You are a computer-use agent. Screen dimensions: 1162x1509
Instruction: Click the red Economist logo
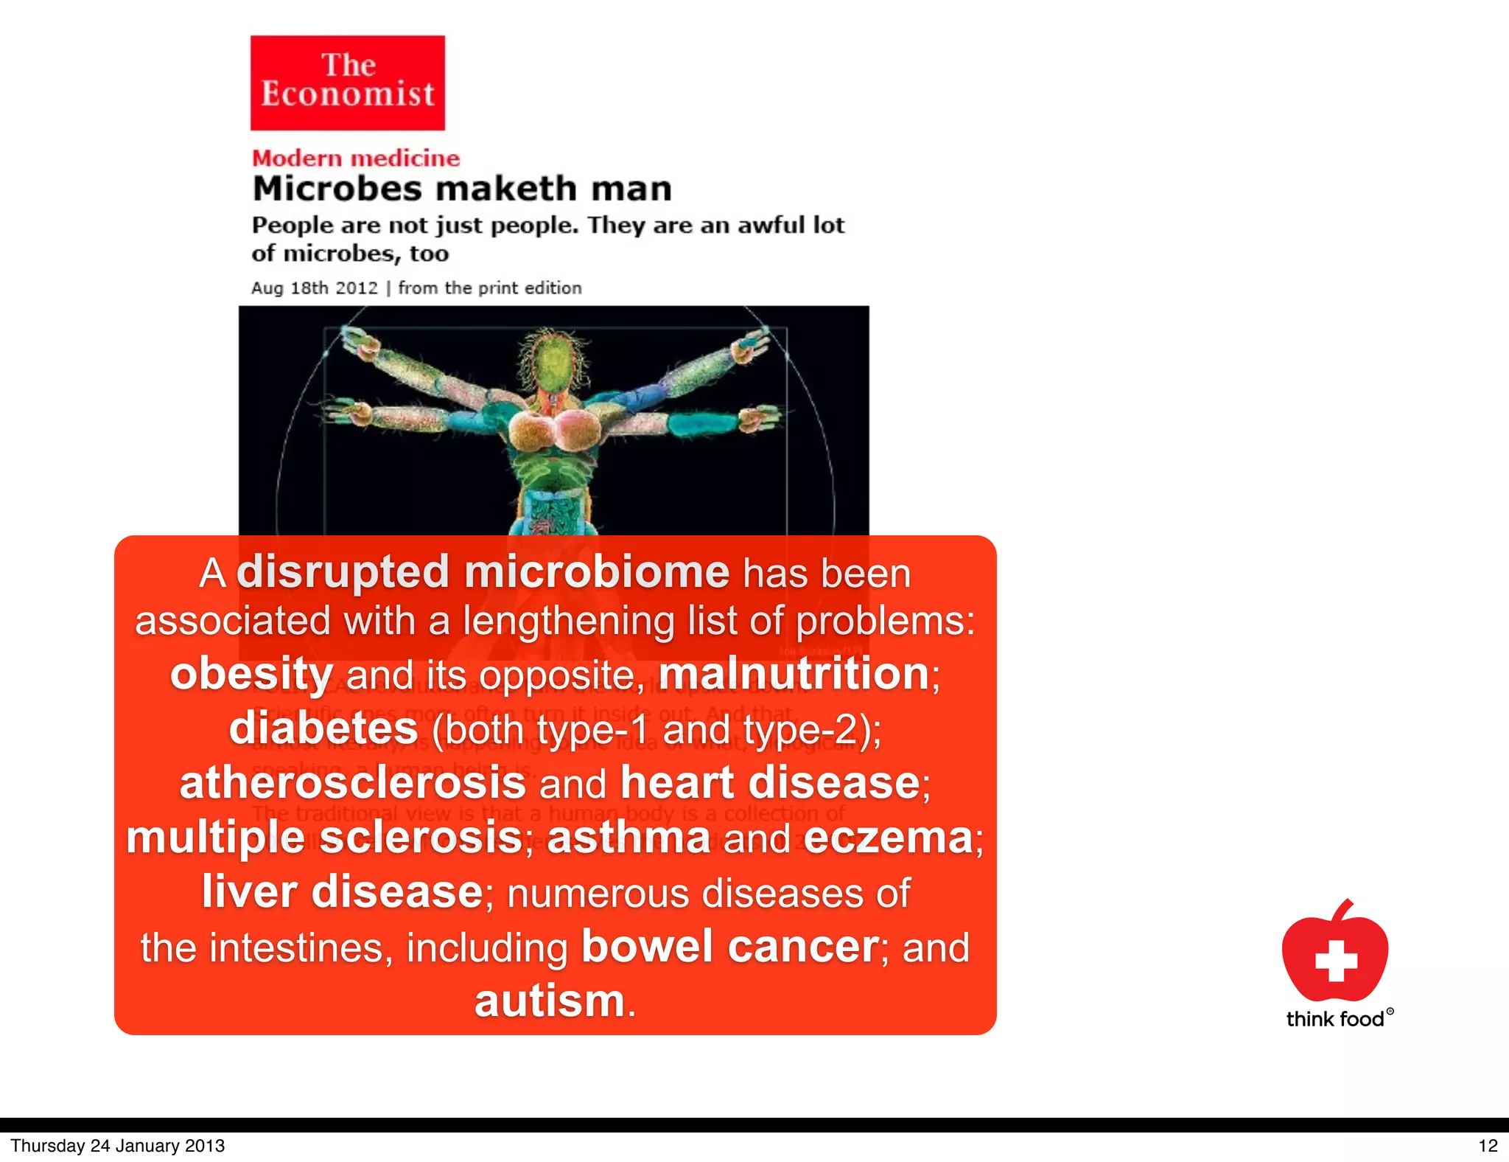347,83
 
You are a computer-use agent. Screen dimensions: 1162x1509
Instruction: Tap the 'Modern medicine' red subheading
356,158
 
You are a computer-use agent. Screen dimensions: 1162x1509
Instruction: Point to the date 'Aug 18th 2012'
315,288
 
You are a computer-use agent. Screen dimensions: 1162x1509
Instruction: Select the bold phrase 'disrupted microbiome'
483,572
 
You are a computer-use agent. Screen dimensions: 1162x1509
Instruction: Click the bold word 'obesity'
251,674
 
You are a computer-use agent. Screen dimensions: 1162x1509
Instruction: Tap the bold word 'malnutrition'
794,673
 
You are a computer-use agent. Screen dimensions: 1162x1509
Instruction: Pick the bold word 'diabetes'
323,728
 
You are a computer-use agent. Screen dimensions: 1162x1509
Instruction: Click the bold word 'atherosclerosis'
352,782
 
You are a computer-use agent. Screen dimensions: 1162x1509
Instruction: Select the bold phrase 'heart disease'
770,782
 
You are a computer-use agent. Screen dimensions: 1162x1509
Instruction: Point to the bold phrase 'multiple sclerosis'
324,838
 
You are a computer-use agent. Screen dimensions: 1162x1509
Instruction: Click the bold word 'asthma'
628,838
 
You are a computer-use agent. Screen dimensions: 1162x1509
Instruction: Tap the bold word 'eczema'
888,838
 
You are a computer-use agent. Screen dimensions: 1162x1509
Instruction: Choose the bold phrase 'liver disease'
342,892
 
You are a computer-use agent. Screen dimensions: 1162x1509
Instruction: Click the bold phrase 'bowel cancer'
729,947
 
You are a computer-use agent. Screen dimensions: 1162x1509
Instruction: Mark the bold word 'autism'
550,1001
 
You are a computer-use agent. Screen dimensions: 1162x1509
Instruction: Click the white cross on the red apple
1336,960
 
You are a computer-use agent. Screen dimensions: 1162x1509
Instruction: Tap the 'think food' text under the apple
1335,1019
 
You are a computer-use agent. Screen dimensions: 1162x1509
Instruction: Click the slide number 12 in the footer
1488,1146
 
